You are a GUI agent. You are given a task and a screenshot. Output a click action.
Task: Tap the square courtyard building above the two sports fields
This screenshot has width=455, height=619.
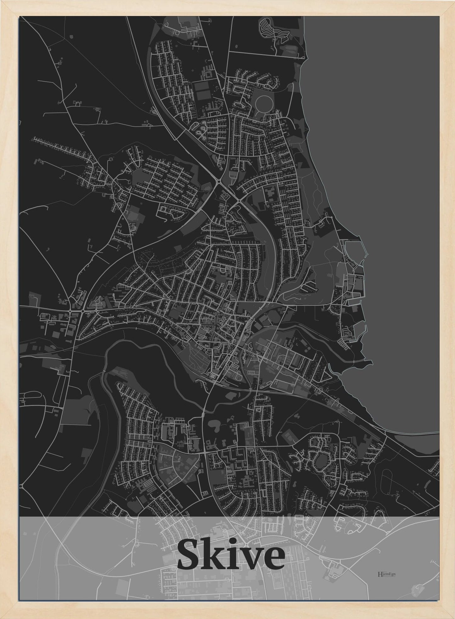pyautogui.click(x=208, y=74)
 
